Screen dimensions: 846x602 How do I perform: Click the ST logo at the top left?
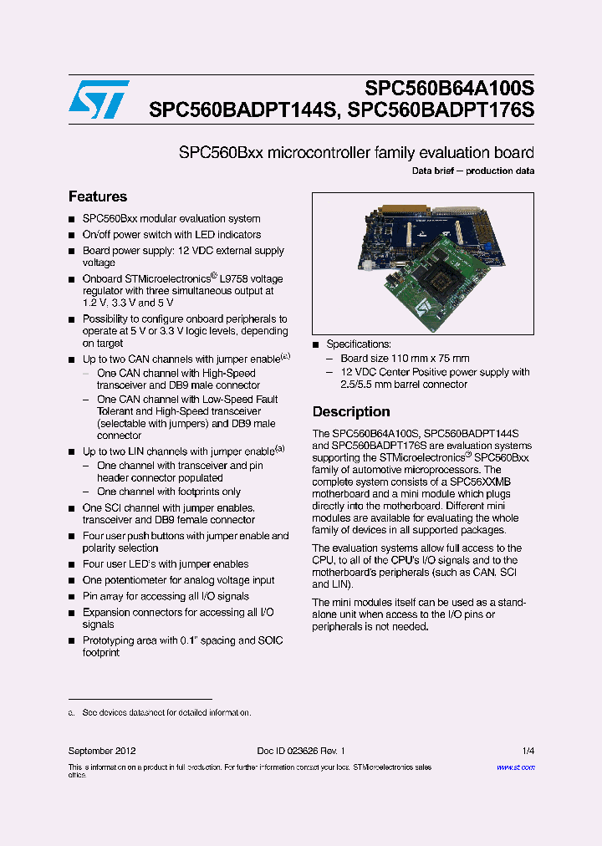pos(99,99)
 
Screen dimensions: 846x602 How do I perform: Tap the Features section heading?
pos(98,196)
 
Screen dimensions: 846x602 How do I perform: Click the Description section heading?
pos(351,411)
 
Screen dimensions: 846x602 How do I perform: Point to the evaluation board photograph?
pos(422,264)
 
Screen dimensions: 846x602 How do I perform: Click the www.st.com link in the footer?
pos(515,767)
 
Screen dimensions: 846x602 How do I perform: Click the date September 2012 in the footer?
pos(102,751)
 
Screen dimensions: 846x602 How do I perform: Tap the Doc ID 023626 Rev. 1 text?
pos(301,751)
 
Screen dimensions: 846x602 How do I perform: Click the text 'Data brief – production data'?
pos(473,171)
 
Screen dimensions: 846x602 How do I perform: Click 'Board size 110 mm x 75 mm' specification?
pos(405,358)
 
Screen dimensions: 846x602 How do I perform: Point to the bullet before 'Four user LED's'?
pos(72,564)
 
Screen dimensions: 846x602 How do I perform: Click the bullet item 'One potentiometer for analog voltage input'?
pos(177,580)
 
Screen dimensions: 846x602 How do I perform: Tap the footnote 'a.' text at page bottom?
pos(72,713)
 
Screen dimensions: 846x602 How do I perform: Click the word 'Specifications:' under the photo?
pos(359,344)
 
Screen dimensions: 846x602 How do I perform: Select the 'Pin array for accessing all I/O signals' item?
pos(166,596)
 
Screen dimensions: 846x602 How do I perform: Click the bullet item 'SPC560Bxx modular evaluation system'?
pos(171,218)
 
